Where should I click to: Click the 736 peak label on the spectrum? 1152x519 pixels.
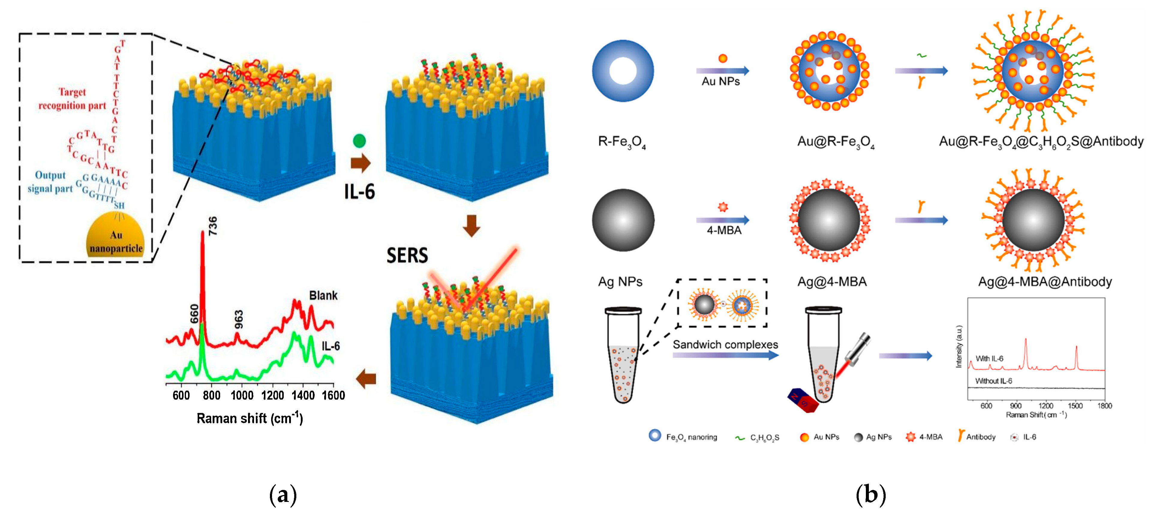point(213,226)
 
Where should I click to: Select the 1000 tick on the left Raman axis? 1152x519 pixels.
point(242,395)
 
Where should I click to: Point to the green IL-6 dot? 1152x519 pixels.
point(359,141)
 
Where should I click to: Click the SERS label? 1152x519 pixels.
point(407,256)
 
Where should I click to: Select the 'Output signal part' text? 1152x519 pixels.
point(50,182)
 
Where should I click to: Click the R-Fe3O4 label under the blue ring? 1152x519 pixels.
point(622,142)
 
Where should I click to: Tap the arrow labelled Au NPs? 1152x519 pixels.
point(722,71)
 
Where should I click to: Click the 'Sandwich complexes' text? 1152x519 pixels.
point(725,344)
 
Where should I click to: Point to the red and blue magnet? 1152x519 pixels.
point(803,400)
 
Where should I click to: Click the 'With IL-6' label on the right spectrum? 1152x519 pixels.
point(989,358)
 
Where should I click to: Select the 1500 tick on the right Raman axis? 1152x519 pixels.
point(1075,406)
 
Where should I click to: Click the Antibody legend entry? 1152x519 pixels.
point(977,437)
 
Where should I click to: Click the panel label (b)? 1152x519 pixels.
point(870,495)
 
